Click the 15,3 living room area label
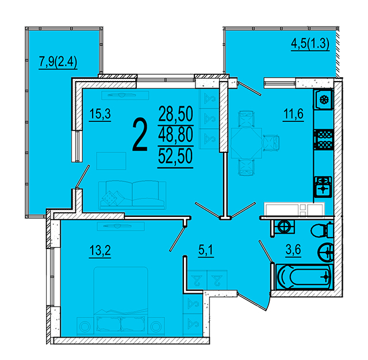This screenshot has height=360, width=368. [100, 114]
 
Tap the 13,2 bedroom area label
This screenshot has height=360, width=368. [100, 251]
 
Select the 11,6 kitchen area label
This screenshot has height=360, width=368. [293, 114]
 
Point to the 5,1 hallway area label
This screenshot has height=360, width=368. [206, 250]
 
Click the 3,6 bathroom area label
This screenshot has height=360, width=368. [293, 250]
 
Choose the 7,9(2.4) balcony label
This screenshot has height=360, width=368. [58, 63]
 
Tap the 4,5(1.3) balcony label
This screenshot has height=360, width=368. [310, 44]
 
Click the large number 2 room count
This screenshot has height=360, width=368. [140, 135]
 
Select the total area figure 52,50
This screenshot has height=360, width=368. [175, 156]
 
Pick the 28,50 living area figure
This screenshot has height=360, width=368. [176, 114]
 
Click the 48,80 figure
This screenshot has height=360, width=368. [176, 135]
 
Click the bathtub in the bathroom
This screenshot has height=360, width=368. [304, 277]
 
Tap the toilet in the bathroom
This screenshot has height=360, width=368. [322, 230]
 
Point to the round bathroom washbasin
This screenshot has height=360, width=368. [325, 252]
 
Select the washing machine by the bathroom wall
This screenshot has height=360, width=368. [284, 227]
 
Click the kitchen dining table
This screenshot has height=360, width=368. [246, 143]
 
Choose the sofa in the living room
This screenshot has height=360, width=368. [132, 195]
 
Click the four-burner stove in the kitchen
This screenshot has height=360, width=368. [324, 139]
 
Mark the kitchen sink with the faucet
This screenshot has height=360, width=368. [323, 187]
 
